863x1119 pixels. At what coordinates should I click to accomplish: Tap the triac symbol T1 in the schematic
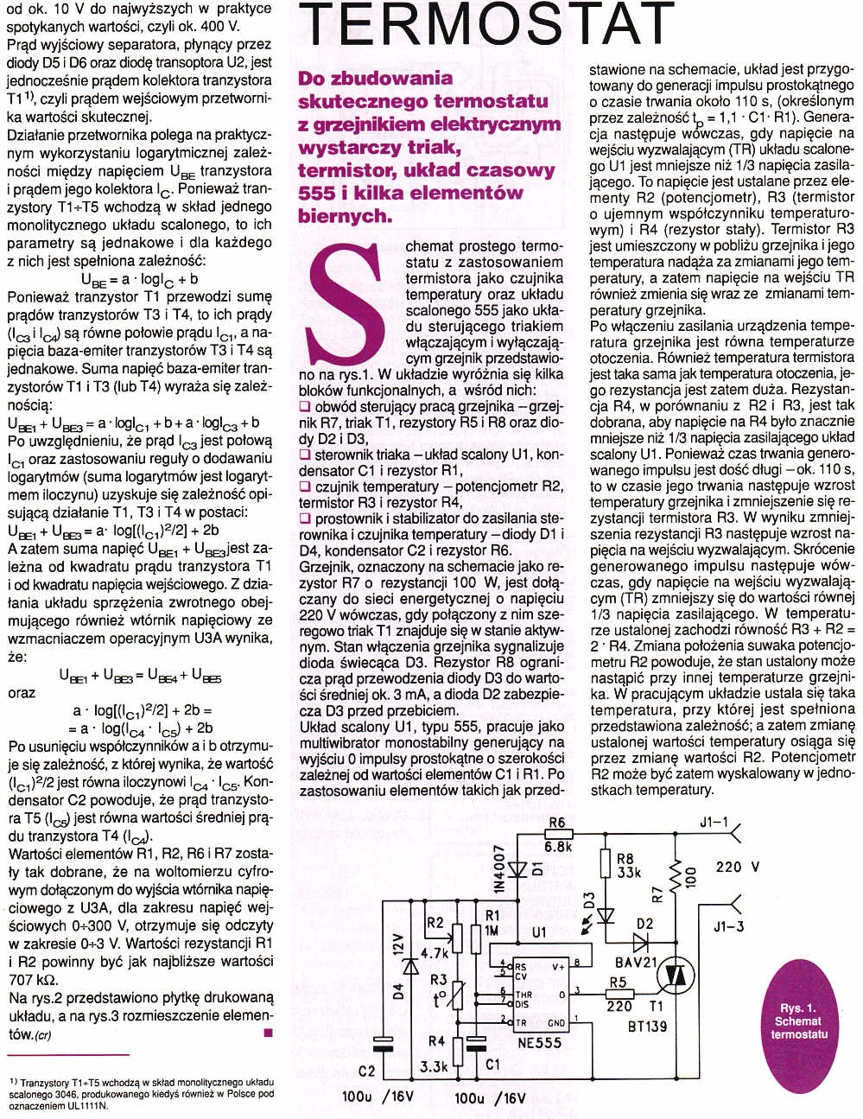click(x=676, y=974)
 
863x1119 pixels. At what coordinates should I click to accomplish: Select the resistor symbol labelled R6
click(x=556, y=835)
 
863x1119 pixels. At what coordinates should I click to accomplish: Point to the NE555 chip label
click(x=539, y=1042)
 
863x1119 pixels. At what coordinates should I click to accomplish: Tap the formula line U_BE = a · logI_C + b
click(x=139, y=278)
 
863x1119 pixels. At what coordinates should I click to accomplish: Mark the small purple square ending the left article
click(x=268, y=1033)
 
